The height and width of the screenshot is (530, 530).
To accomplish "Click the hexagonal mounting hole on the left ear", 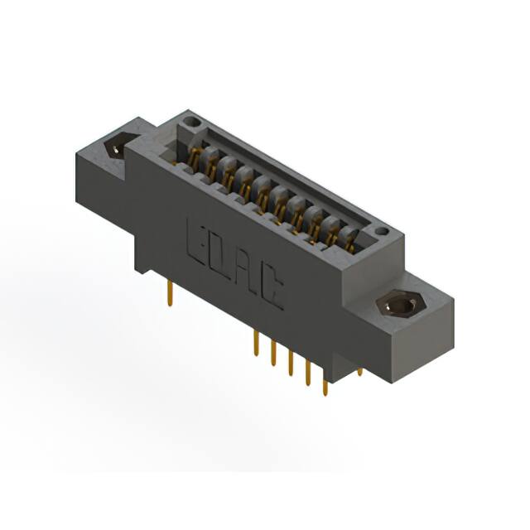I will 116,148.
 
